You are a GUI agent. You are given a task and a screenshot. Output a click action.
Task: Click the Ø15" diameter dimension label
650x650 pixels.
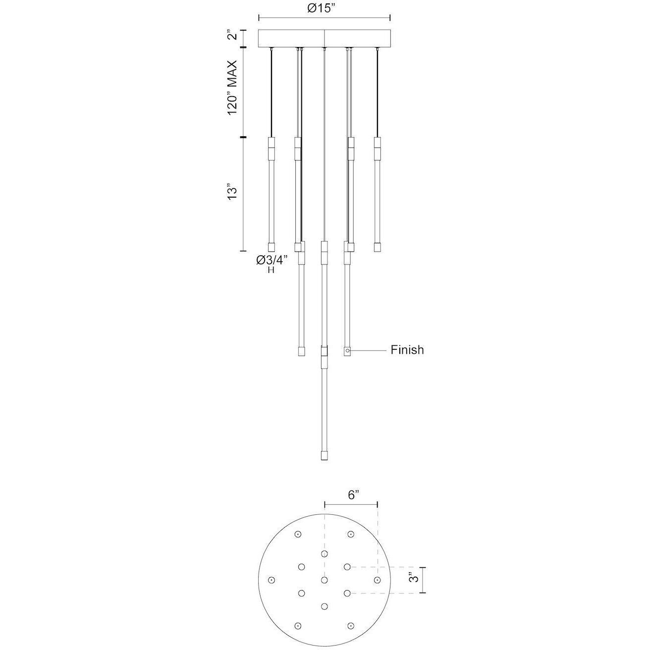pos(325,8)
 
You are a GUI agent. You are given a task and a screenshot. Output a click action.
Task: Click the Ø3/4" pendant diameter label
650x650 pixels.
pos(271,260)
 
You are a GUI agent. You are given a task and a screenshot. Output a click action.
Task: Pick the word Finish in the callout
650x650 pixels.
pos(407,350)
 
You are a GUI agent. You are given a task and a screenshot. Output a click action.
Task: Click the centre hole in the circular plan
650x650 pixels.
pos(325,580)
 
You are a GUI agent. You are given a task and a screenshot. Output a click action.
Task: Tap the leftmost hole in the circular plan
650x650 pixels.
pos(271,580)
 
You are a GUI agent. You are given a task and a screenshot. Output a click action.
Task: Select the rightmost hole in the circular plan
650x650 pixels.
pos(378,580)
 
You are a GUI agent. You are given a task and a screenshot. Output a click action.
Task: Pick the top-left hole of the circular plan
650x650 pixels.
pos(298,534)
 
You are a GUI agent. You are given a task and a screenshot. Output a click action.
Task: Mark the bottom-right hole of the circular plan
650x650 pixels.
pos(351,626)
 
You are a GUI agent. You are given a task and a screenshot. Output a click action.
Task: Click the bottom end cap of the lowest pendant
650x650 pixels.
pos(325,455)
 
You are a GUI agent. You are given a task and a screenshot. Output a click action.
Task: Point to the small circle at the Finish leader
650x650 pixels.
pos(348,351)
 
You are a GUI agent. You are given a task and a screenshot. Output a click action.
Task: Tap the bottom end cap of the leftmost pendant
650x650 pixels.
pos(271,247)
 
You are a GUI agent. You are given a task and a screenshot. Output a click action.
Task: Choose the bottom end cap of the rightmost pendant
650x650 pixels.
pos(378,247)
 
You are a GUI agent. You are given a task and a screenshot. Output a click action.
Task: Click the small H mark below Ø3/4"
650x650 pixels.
pos(271,271)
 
